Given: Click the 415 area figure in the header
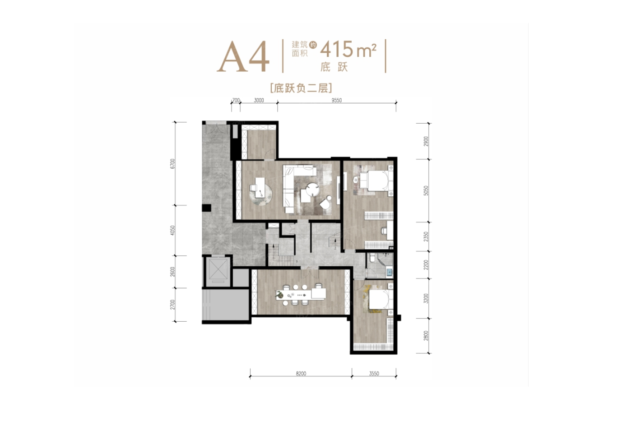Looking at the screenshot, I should point(337,49).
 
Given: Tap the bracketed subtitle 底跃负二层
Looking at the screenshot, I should point(301,88).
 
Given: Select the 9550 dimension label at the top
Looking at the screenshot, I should point(336,100).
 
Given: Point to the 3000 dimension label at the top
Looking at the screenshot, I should point(259,100).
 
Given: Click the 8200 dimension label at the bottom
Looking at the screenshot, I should point(301,374).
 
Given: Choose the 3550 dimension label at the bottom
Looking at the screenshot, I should point(374,374).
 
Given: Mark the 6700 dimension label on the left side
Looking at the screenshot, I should point(172,163).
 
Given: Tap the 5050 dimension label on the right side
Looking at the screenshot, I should point(426,190).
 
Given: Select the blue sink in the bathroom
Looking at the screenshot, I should point(389,272).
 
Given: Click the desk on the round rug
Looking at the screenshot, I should point(259,187).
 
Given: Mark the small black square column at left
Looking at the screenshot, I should point(206,208).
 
